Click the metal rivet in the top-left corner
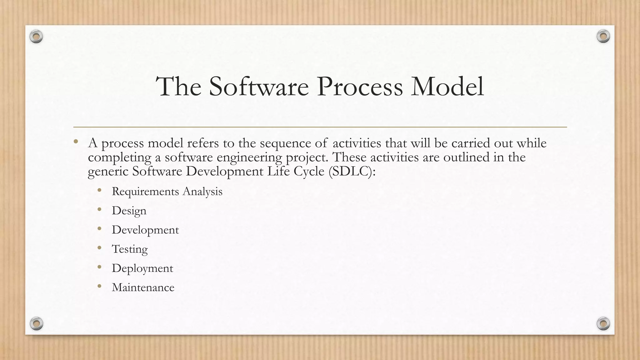click(x=36, y=37)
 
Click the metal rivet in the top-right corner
click(x=603, y=37)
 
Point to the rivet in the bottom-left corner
click(x=36, y=323)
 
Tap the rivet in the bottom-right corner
click(x=603, y=323)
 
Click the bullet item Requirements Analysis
click(x=167, y=191)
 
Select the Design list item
click(x=129, y=211)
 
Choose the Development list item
click(x=145, y=230)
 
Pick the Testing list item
click(x=129, y=249)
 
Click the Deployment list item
click(x=142, y=268)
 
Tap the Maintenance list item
click(x=143, y=287)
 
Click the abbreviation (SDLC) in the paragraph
click(x=352, y=171)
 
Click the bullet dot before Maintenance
click(x=99, y=286)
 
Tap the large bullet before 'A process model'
click(x=76, y=142)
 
